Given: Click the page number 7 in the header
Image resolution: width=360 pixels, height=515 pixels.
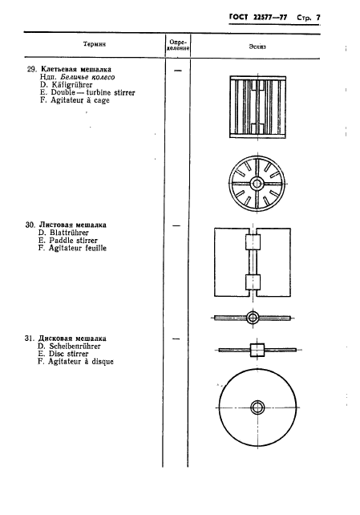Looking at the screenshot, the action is (x=318, y=18).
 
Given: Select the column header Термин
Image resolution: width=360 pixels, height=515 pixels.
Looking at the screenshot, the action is (x=95, y=44).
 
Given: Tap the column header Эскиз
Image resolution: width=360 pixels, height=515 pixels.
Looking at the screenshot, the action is (x=257, y=47).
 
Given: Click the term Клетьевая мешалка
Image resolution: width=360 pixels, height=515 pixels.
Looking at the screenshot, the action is (x=76, y=69).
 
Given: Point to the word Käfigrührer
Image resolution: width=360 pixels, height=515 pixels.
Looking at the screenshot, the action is (x=72, y=85).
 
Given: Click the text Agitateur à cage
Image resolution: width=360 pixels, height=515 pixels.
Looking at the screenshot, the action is (x=79, y=100).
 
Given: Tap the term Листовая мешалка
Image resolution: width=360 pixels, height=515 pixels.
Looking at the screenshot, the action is (x=72, y=225).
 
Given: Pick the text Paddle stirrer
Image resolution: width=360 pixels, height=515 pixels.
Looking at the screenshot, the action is (x=74, y=241).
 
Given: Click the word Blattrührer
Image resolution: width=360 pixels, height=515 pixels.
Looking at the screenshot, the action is (x=69, y=233).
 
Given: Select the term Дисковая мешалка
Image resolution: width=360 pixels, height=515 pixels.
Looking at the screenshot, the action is (x=72, y=339).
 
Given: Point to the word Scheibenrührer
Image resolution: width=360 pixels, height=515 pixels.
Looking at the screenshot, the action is (x=75, y=347).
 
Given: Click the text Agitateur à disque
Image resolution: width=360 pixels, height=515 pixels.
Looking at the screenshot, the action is (x=81, y=362).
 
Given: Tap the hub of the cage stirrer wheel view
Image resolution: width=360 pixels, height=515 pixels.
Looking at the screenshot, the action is (x=257, y=184).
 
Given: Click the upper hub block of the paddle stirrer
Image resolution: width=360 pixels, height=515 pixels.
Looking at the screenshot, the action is (x=253, y=242).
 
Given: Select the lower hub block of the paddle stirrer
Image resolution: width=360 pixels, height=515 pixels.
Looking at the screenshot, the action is (x=253, y=282).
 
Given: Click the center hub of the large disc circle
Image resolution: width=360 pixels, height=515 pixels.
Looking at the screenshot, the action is (x=257, y=408).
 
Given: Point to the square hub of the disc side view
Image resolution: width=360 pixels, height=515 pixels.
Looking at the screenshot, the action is (x=257, y=350).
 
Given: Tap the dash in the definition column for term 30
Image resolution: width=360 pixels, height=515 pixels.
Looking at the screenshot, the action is (x=176, y=225).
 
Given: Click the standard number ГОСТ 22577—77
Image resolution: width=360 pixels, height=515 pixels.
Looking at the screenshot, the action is (x=258, y=18).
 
